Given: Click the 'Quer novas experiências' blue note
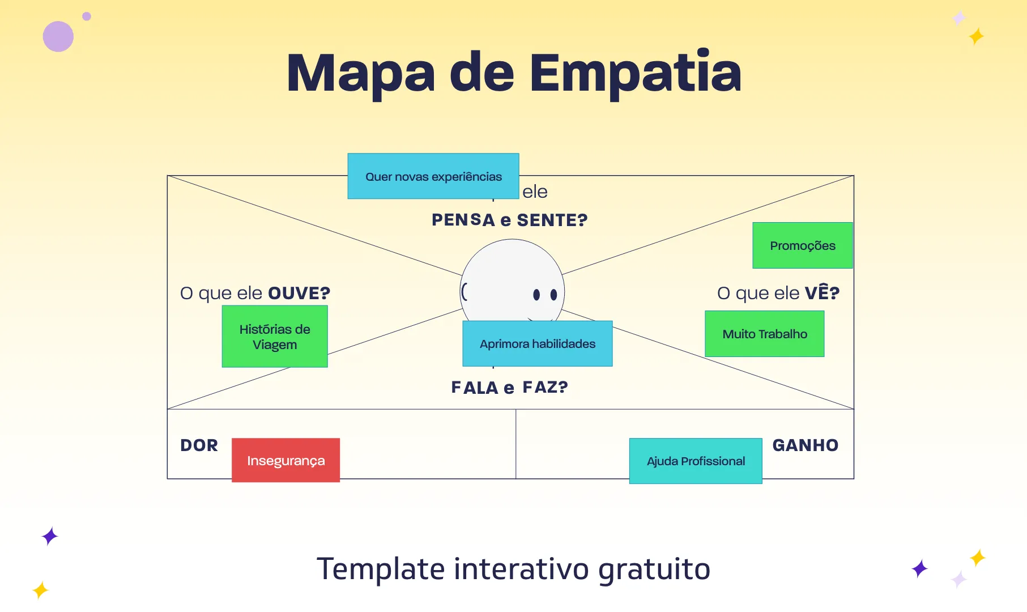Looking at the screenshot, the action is (x=433, y=176).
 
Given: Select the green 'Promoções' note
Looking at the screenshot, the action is (x=803, y=245).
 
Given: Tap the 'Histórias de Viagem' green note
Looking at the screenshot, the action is (x=275, y=337).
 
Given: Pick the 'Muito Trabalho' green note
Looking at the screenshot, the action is (x=765, y=334).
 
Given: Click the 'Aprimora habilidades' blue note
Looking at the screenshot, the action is (x=538, y=343).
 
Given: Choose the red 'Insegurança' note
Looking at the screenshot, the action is (x=286, y=460).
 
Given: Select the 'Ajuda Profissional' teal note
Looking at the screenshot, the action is (x=696, y=461).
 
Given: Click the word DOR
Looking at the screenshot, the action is (x=199, y=445).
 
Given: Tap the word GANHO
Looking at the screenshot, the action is (x=806, y=445).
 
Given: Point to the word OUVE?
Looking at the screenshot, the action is (x=299, y=293).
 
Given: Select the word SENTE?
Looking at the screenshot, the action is (x=552, y=220).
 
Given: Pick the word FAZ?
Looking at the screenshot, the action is (x=545, y=387).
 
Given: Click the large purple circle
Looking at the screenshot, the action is (x=58, y=37).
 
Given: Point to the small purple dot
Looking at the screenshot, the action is (x=87, y=16).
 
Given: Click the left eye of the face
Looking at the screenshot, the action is (x=536, y=294).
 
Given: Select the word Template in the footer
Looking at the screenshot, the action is (x=381, y=569).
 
